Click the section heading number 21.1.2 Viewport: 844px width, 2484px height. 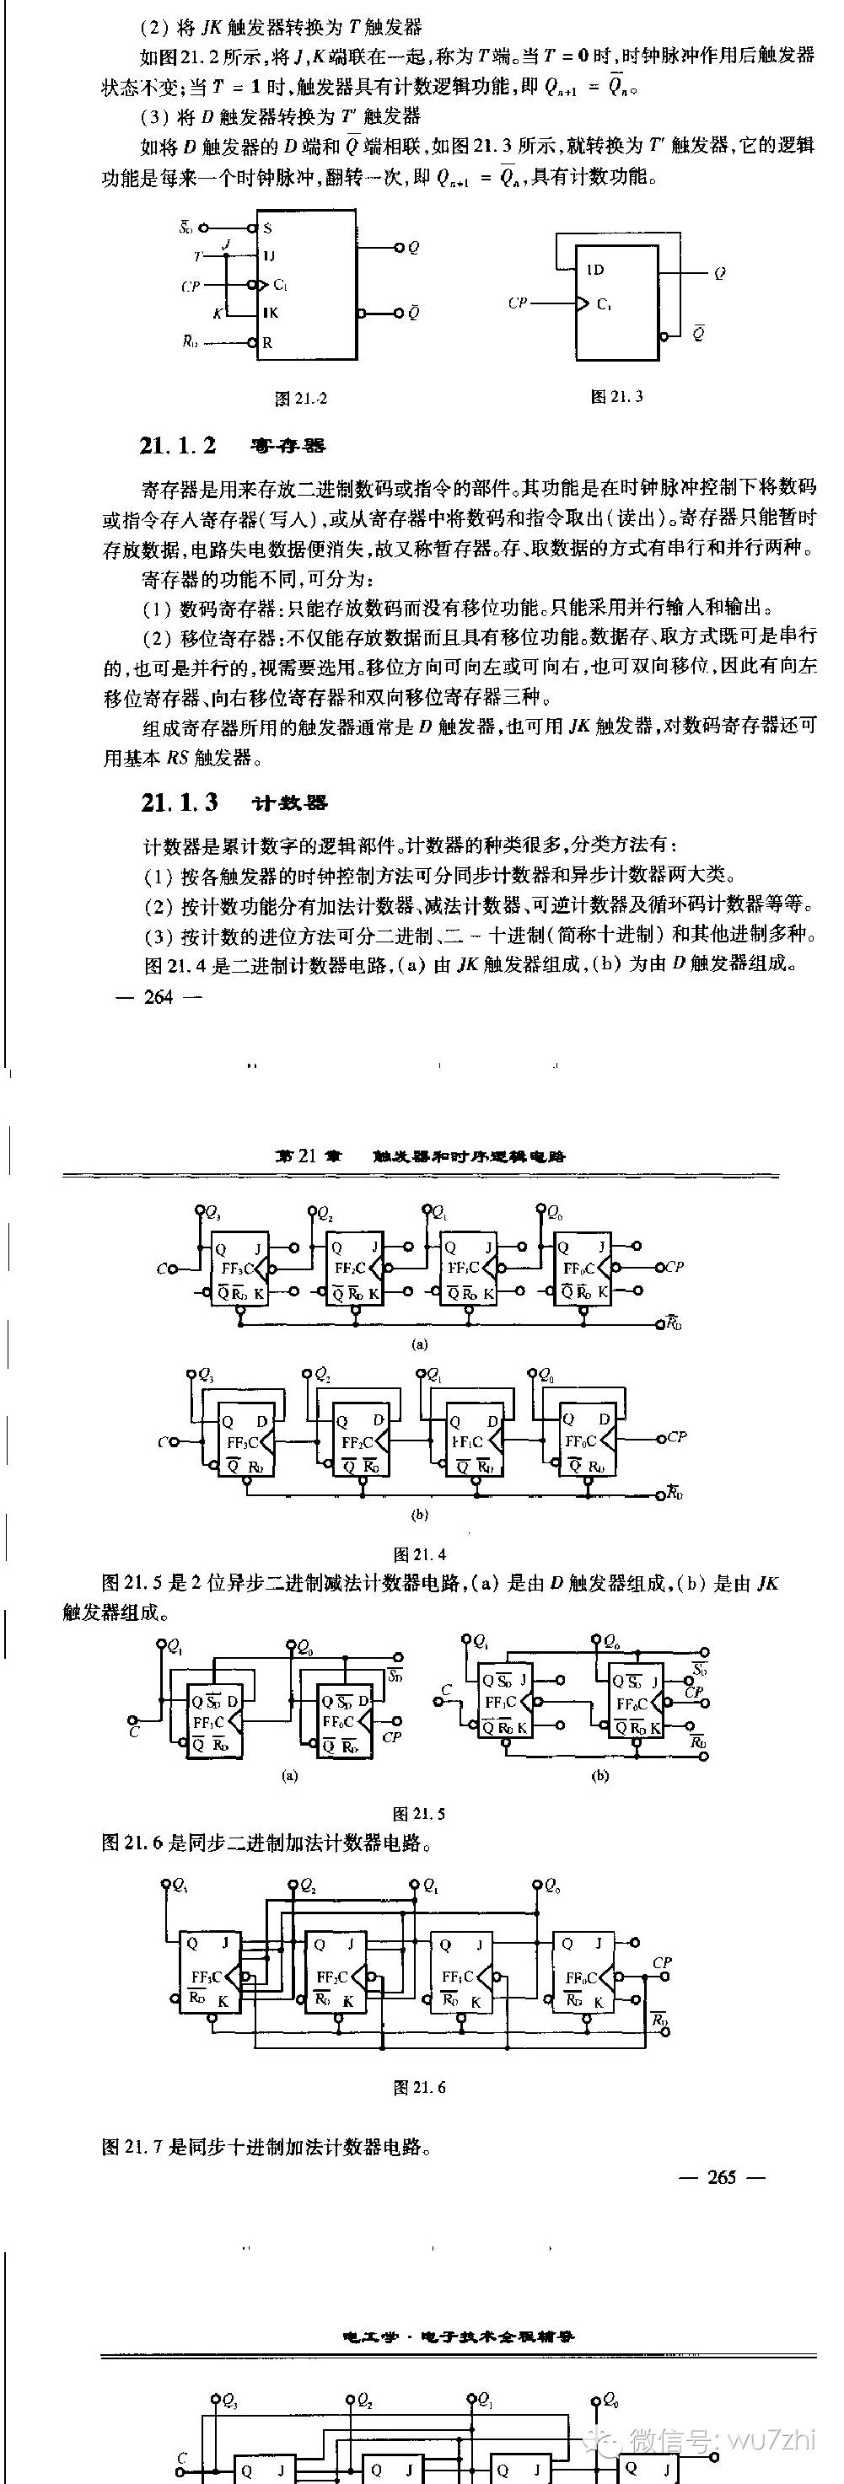click(179, 446)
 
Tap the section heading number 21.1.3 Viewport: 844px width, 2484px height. click(180, 802)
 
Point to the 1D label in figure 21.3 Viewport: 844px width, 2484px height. click(595, 270)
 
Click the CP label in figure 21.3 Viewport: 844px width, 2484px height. click(518, 303)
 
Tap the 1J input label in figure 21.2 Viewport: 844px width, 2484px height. click(269, 255)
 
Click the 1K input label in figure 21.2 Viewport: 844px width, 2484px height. click(270, 313)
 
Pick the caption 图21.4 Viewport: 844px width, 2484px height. click(420, 1553)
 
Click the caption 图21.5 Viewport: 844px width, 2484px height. click(420, 1814)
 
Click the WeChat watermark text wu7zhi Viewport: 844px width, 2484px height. click(772, 2441)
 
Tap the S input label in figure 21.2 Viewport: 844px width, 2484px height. click(267, 228)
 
